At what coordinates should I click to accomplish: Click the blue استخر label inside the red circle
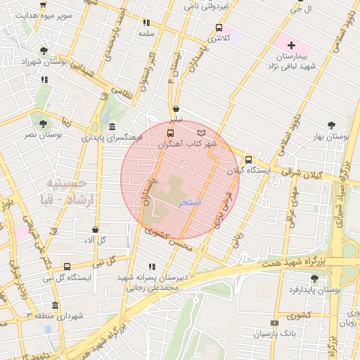coord(191,202)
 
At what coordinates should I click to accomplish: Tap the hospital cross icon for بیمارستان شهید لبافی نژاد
coord(292,45)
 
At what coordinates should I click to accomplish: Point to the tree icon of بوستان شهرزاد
coord(44,51)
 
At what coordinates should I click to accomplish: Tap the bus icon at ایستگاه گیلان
coord(248,159)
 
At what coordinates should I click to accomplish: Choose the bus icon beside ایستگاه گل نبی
coord(67,266)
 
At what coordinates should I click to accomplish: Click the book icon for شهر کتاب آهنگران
coord(202,132)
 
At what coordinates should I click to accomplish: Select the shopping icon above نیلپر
coord(175,109)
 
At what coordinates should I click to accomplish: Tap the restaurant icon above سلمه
coord(146,22)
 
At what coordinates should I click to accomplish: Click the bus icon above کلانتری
coord(219,27)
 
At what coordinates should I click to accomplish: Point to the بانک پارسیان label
coord(274,332)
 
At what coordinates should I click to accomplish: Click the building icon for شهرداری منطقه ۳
coord(56,305)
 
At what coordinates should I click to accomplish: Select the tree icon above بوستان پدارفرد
coord(314,278)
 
